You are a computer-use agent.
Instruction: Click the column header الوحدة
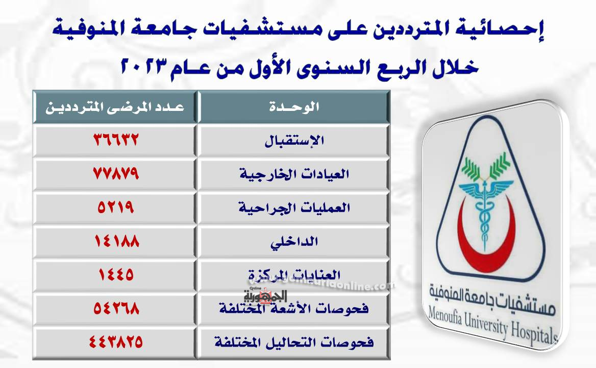(x=294, y=106)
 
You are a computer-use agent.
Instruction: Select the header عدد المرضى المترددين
(x=115, y=107)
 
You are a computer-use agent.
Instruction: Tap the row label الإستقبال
(x=294, y=141)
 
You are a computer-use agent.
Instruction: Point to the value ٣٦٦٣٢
(x=116, y=140)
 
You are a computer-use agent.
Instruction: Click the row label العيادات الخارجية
(x=294, y=174)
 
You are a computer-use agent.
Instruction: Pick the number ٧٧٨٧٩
(x=116, y=174)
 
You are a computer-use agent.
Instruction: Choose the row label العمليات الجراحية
(x=294, y=208)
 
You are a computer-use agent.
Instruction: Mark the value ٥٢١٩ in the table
(x=116, y=207)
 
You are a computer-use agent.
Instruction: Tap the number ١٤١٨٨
(x=117, y=241)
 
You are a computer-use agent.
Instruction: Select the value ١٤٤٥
(x=116, y=274)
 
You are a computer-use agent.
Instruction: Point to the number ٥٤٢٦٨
(x=116, y=308)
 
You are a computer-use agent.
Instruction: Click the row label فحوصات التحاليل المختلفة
(x=294, y=342)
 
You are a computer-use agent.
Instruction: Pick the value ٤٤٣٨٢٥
(x=116, y=341)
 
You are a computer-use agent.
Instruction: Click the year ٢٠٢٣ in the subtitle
(x=144, y=66)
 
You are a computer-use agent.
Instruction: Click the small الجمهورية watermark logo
(x=265, y=296)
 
